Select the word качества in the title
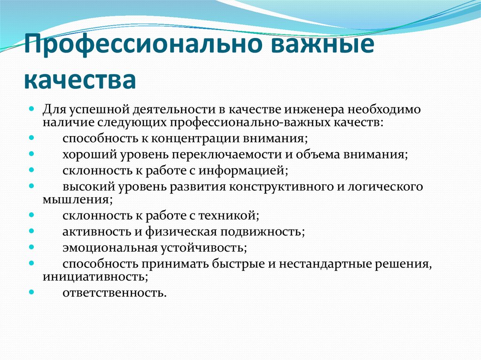80,80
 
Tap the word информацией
243,170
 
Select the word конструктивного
281,186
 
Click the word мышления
78,200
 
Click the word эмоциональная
110,248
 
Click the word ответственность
115,293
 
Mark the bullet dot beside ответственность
31,292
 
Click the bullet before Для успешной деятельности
31,109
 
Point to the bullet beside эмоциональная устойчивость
31,247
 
